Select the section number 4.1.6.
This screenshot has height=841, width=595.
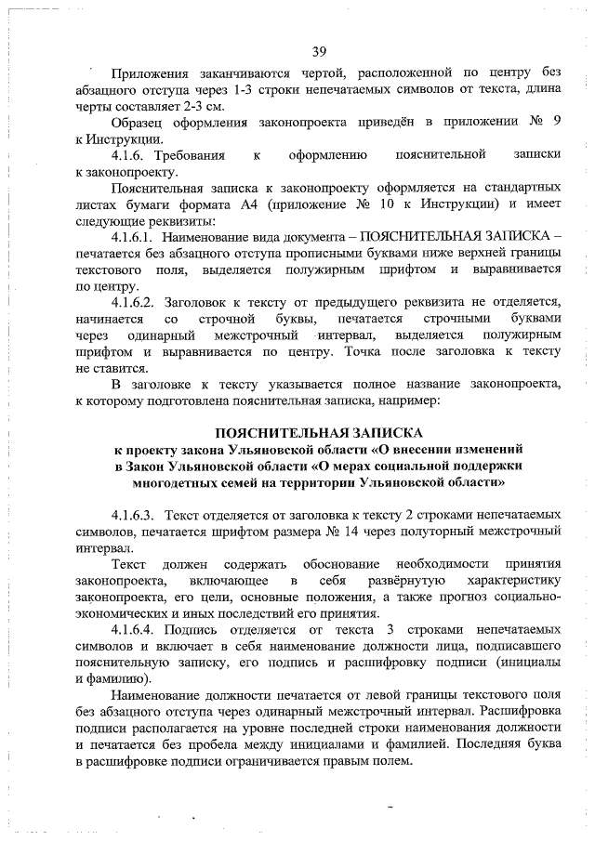[129, 153]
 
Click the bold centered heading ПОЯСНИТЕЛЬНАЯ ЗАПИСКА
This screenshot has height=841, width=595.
[319, 433]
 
